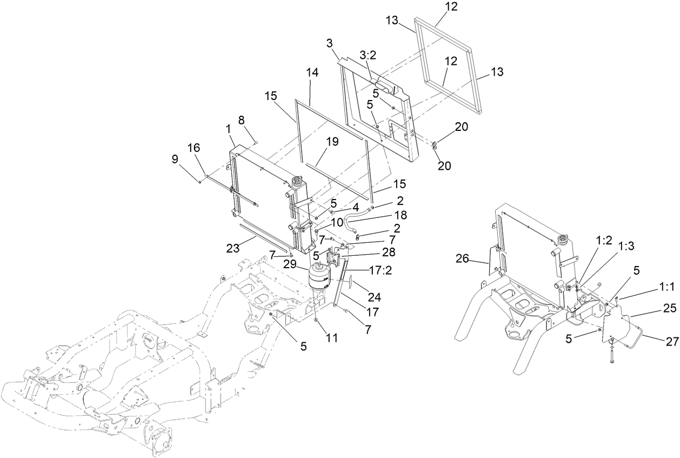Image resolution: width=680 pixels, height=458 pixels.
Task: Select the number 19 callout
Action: pos(332,142)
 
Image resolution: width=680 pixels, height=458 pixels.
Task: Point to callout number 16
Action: pos(194,148)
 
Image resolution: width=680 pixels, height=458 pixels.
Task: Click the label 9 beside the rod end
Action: pos(175,160)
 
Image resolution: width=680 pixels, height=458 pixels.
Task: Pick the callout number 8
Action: pos(241,120)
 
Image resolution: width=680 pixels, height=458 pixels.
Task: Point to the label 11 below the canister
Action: pos(331,338)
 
